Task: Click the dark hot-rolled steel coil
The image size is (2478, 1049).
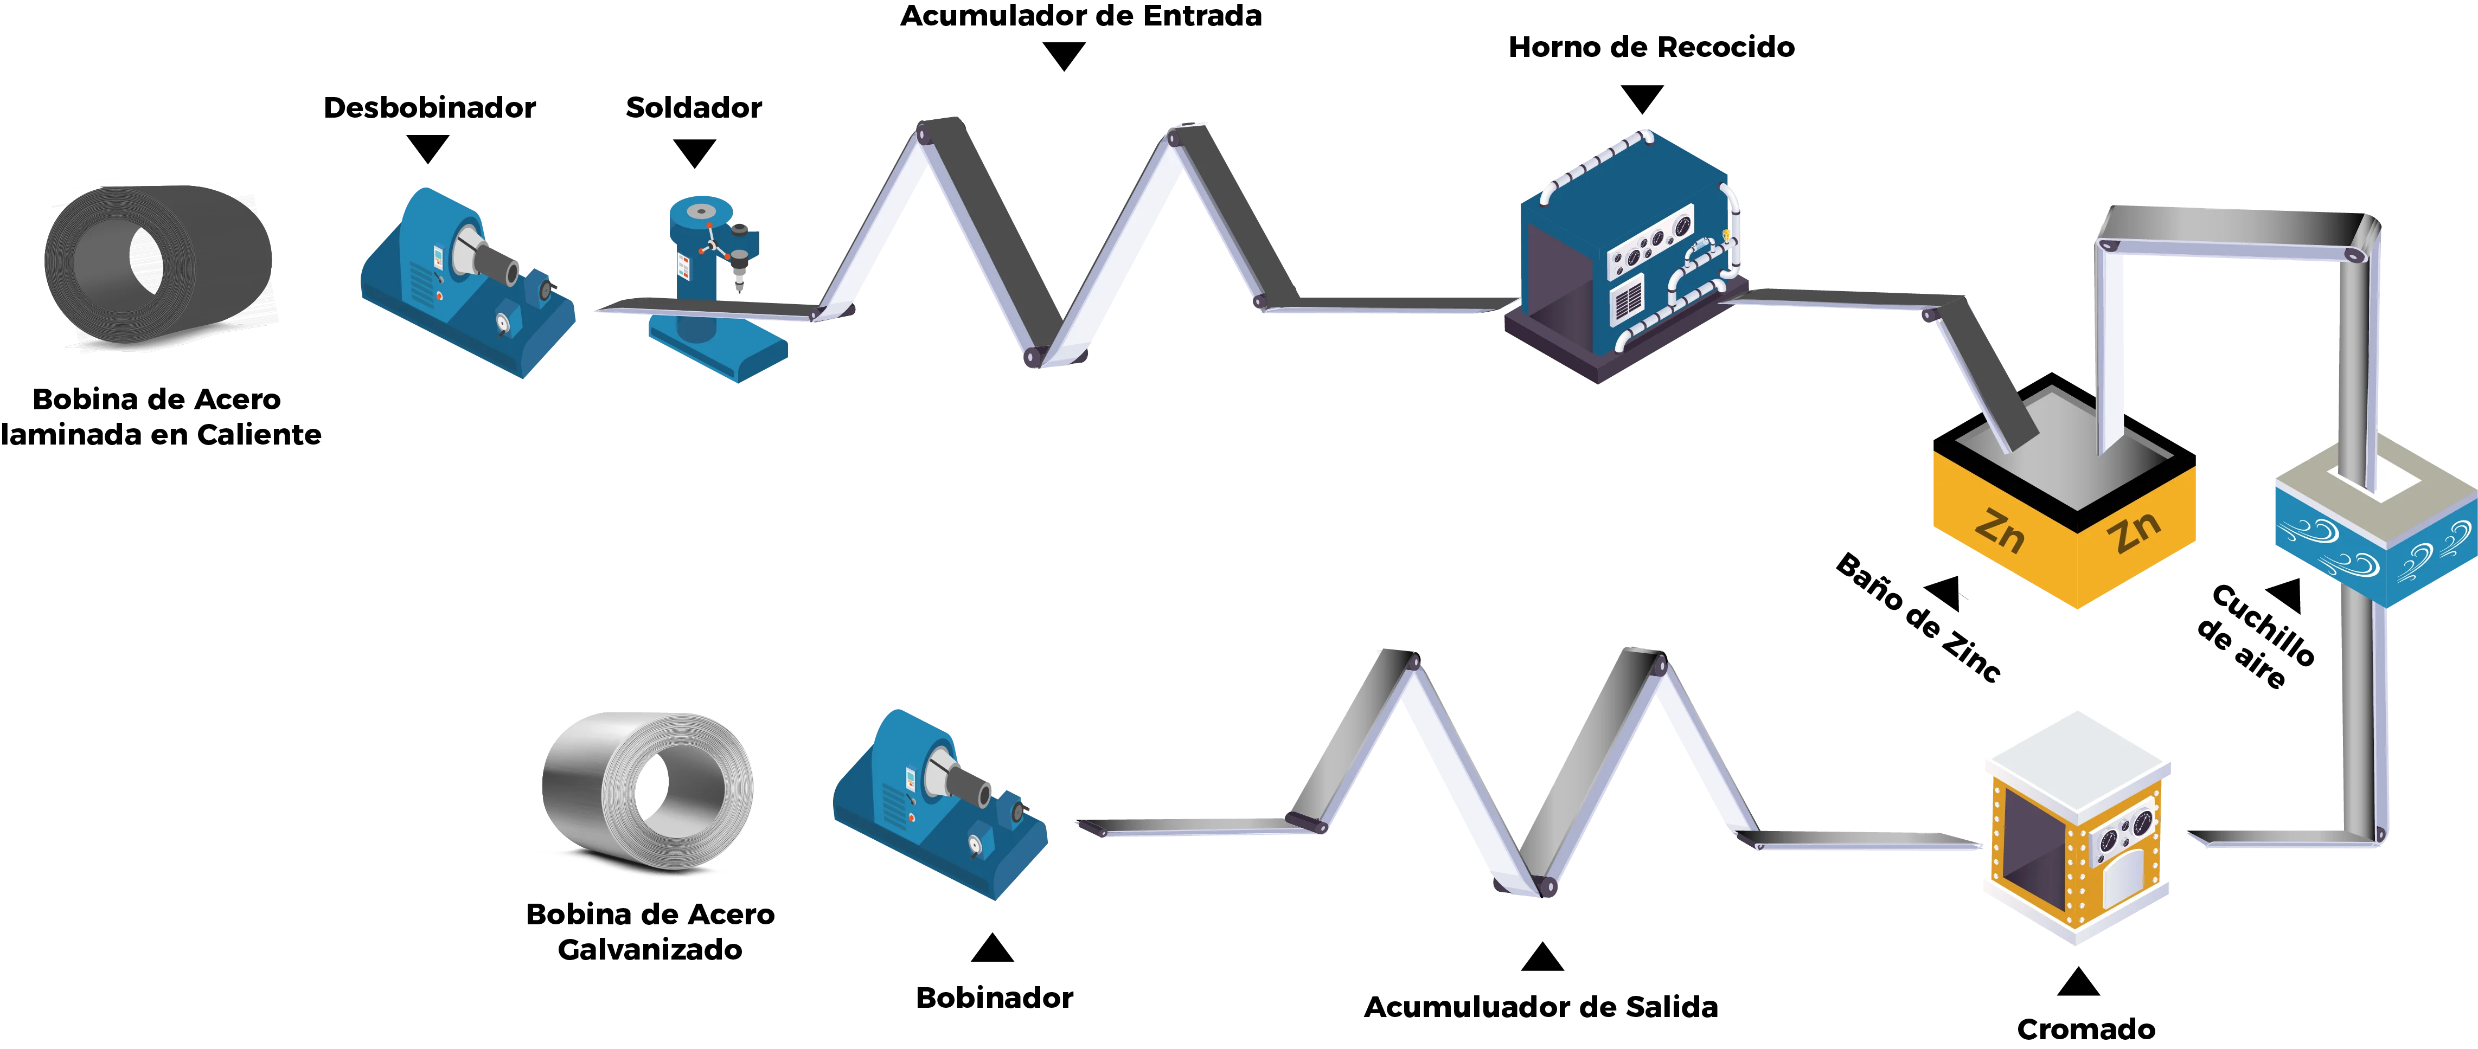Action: coord(159,265)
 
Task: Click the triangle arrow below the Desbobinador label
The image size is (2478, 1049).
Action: coord(428,149)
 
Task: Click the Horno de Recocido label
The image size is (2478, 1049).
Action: coord(1651,48)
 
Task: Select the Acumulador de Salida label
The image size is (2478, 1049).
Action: coord(1540,1007)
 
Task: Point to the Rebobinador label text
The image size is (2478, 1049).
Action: coord(994,998)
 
